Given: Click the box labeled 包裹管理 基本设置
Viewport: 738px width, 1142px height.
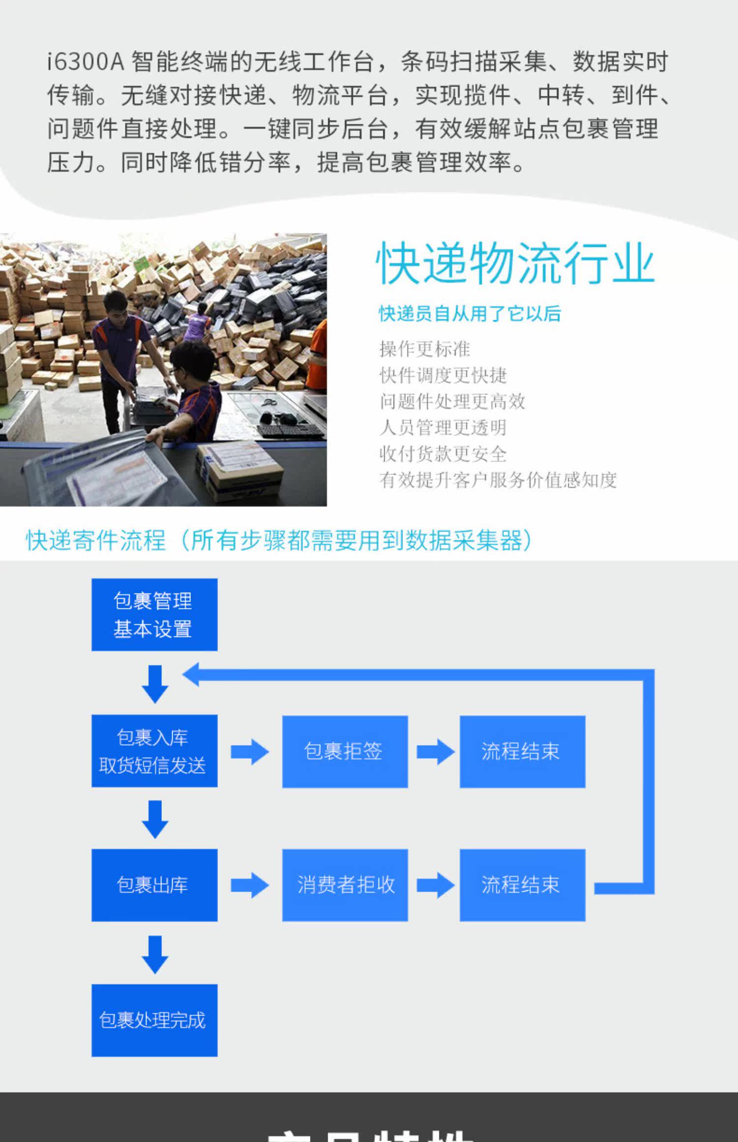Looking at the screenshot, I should [154, 614].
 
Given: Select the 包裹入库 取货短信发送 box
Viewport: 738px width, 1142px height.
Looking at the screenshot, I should [154, 751].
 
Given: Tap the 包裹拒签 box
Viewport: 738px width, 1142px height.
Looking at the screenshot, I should [344, 751].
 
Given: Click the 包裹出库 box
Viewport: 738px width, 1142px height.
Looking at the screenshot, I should [154, 885].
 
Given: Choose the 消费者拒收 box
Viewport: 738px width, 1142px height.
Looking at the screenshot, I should [344, 885].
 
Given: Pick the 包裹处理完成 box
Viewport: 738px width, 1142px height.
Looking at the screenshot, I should [154, 1020].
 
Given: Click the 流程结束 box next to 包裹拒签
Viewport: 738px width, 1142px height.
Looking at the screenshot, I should [522, 751].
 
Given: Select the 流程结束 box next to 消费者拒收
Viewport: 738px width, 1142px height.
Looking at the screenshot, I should [522, 885].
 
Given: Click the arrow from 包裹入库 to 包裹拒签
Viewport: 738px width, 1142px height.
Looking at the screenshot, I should [249, 751].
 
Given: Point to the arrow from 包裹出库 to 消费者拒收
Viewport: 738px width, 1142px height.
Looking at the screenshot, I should [249, 885].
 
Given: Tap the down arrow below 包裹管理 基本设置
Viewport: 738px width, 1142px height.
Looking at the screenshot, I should [155, 684].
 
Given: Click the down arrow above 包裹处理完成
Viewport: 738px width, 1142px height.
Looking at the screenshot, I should [155, 954].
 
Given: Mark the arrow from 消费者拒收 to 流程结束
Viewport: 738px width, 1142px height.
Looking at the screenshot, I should [435, 885].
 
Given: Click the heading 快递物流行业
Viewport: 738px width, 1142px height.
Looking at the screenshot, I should [515, 264].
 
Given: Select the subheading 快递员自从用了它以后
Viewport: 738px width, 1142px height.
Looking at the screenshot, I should [470, 313].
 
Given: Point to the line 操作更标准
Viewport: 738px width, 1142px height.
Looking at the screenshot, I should [425, 349].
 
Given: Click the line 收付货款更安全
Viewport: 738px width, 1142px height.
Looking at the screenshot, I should [443, 453].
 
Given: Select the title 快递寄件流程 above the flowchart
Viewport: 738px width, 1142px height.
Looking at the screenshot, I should [95, 541].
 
